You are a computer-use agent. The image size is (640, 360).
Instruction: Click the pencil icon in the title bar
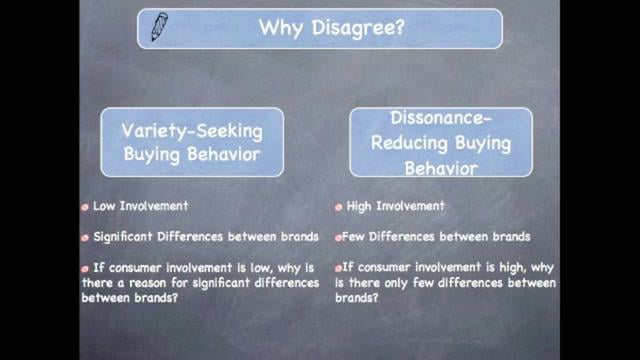point(159,27)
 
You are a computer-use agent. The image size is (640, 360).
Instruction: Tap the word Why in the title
point(279,28)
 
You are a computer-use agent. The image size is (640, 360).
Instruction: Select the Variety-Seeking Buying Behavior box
point(192,142)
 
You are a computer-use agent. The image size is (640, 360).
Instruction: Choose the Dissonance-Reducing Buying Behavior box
point(441,142)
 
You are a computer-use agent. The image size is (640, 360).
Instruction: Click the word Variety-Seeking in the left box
point(192,131)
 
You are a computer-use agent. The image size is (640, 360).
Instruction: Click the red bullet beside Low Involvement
point(86,208)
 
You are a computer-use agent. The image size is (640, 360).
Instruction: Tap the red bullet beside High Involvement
point(339,208)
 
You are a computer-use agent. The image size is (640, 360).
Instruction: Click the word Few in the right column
point(358,237)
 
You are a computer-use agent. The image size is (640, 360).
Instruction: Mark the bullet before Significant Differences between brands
point(86,237)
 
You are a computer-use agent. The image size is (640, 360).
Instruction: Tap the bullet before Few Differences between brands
point(339,237)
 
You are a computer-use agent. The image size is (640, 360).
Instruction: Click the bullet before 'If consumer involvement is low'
point(86,268)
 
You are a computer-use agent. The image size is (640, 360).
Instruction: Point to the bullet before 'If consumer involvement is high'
point(339,268)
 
